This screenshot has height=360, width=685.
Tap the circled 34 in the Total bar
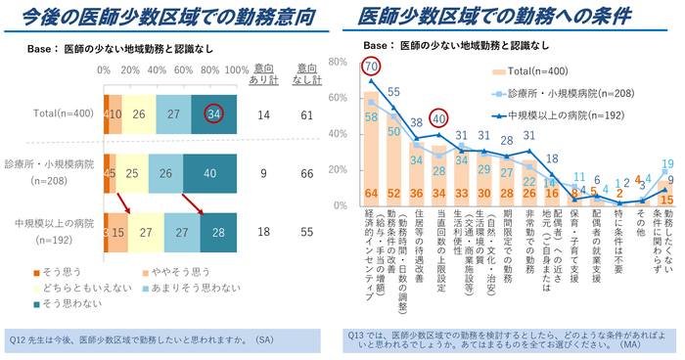213,114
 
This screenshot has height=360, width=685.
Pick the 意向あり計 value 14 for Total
262,114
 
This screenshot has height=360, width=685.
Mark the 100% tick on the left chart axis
236,70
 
